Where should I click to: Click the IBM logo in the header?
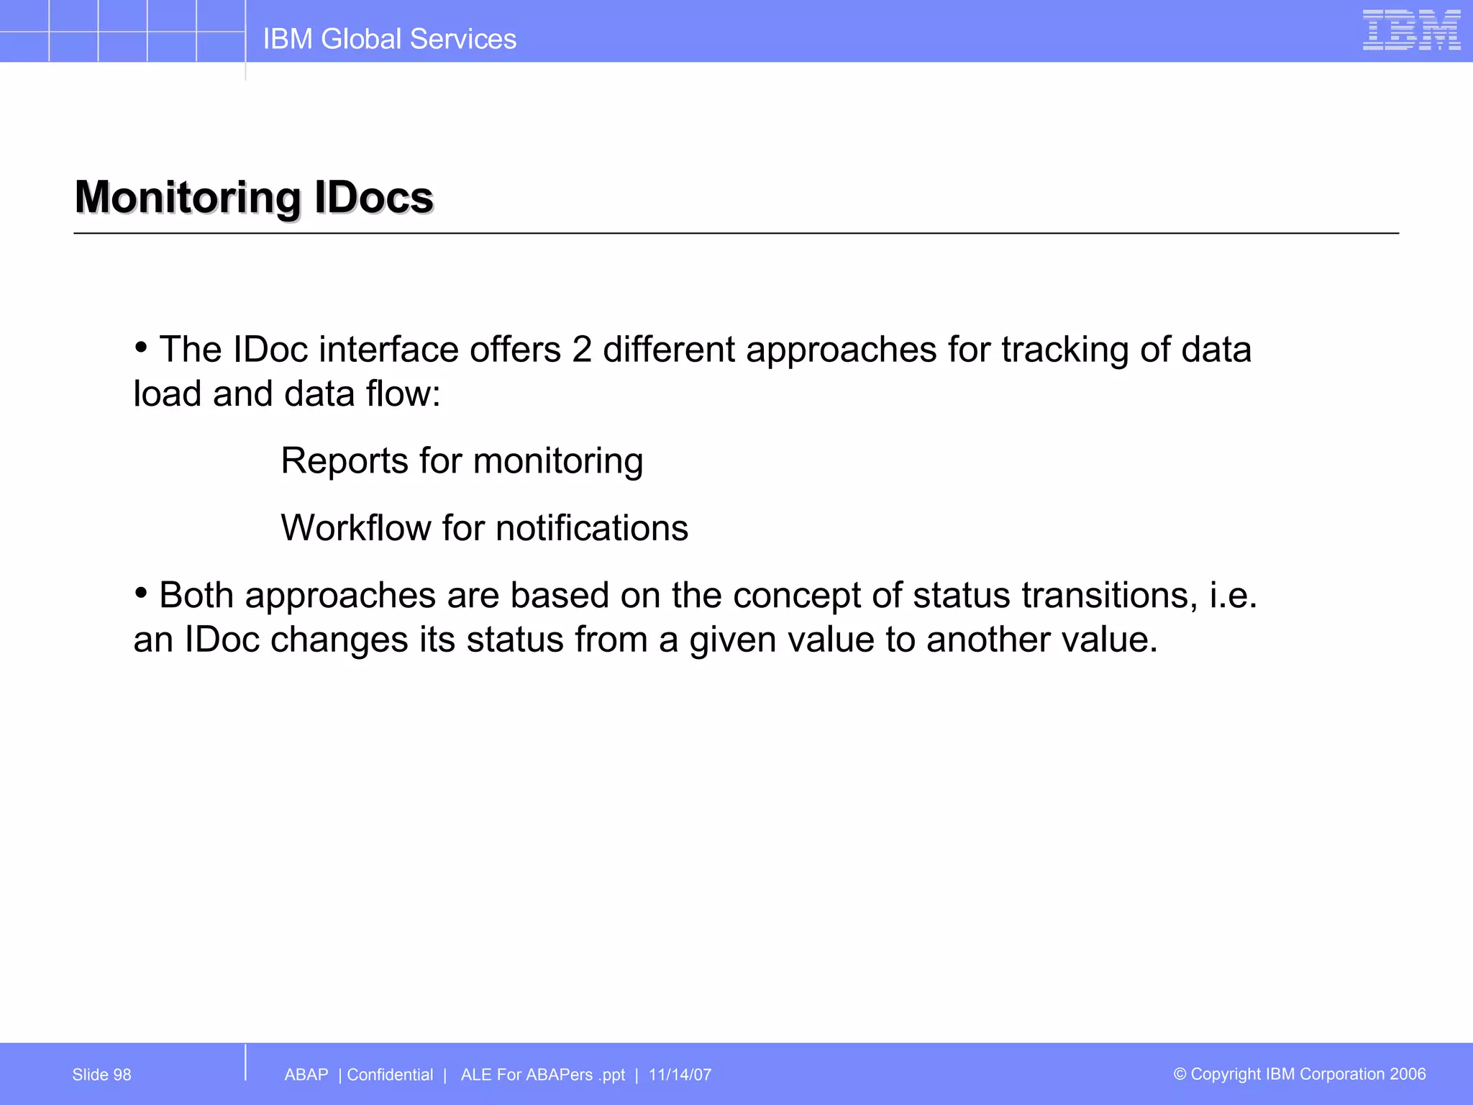(x=1411, y=30)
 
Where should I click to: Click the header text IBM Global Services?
(x=389, y=39)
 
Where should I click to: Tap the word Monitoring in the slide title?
(x=187, y=197)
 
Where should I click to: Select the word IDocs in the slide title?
(x=373, y=197)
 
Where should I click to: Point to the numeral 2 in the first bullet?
(x=582, y=350)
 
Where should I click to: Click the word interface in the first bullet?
(x=388, y=350)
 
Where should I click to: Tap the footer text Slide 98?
(x=101, y=1075)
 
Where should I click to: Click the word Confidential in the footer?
(x=390, y=1075)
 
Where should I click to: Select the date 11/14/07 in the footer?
(x=680, y=1075)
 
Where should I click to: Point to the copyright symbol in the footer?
(x=1180, y=1074)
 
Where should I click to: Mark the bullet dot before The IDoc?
(x=141, y=348)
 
